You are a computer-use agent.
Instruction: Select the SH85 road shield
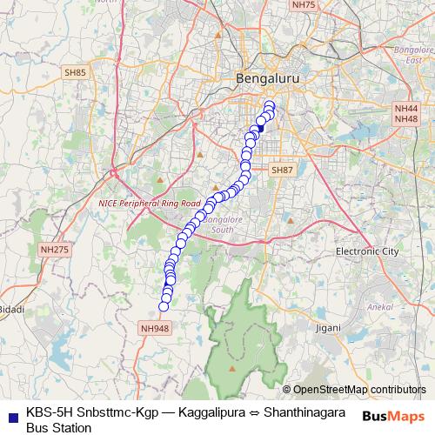coord(75,72)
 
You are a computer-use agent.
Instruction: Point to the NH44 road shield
coord(406,108)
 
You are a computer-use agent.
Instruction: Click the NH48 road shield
coord(406,118)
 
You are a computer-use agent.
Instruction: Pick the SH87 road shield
coord(283,170)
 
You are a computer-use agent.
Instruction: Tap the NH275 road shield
coord(54,250)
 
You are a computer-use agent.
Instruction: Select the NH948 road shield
coord(154,328)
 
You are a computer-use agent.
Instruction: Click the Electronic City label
coord(367,251)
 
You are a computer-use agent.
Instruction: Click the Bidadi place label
coord(10,309)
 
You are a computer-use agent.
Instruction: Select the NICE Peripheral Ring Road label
coord(150,203)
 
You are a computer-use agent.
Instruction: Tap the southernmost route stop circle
coord(163,306)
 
